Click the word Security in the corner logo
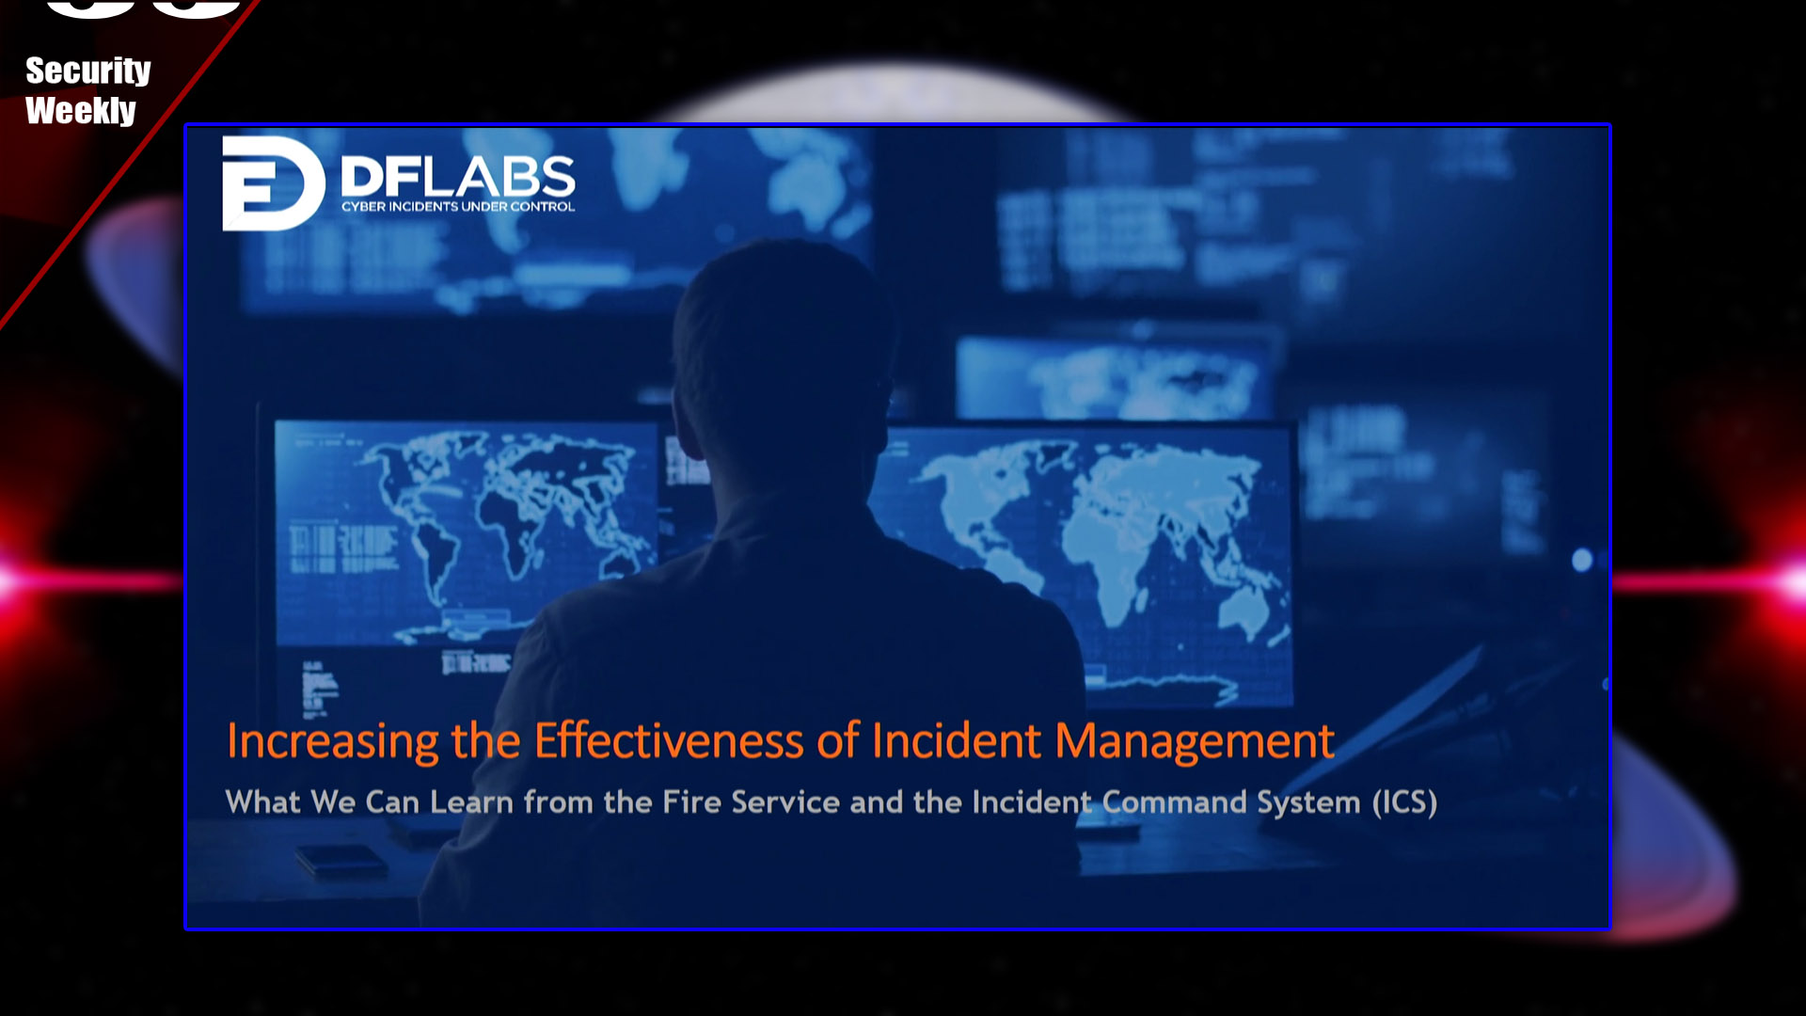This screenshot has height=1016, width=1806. (88, 71)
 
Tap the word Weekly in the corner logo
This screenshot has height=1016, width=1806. (81, 111)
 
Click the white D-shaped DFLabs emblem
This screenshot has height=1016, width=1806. (273, 183)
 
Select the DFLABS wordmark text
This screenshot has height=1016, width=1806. (458, 177)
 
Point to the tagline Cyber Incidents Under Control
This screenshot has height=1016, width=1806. (458, 207)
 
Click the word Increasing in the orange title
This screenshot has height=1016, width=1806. (333, 741)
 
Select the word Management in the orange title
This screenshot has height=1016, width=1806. (1195, 741)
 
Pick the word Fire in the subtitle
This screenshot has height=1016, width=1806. (691, 802)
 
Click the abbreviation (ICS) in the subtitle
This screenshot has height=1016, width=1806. (1404, 802)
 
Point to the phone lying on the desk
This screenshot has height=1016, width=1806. (341, 860)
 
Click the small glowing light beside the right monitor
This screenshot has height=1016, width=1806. (1582, 561)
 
